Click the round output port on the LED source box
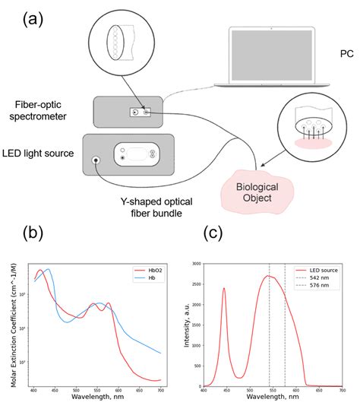tap(96, 160)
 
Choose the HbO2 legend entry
tap(147, 270)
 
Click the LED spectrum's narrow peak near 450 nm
tap(224, 289)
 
